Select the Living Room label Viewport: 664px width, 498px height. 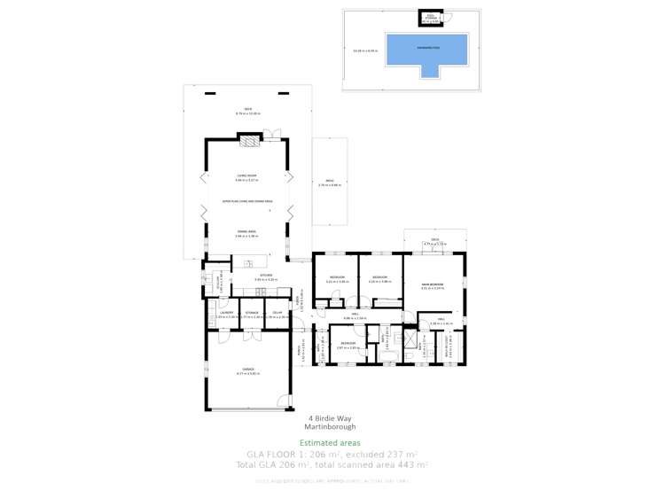[x=246, y=176]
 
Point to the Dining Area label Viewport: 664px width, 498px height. [x=246, y=232]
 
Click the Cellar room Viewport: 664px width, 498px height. [x=277, y=315]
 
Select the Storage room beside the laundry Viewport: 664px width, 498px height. [x=252, y=315]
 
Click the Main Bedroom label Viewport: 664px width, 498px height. [x=433, y=284]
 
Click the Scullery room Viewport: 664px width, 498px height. [x=214, y=283]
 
